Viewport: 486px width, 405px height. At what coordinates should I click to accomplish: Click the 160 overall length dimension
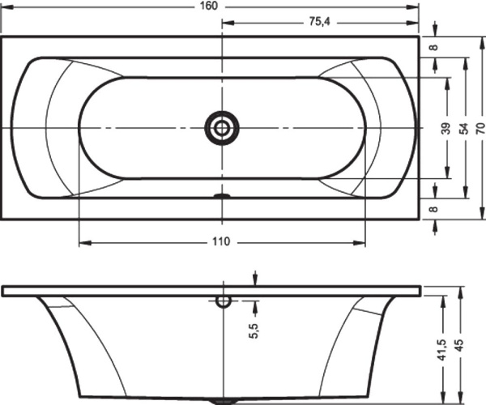pos(209,6)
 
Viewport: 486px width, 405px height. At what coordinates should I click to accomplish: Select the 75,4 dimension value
pos(320,22)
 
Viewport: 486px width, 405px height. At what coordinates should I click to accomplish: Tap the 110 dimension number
pos(221,241)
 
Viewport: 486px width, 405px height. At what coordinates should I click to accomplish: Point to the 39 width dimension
pos(446,128)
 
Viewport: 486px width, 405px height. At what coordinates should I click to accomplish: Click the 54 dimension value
pos(463,128)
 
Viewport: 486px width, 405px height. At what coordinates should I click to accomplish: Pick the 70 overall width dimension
pos(480,128)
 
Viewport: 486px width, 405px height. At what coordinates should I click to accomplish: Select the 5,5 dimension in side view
pos(254,331)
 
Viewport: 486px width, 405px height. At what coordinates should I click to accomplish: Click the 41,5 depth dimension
pos(441,350)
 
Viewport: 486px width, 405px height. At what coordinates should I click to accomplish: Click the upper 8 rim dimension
pos(434,48)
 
